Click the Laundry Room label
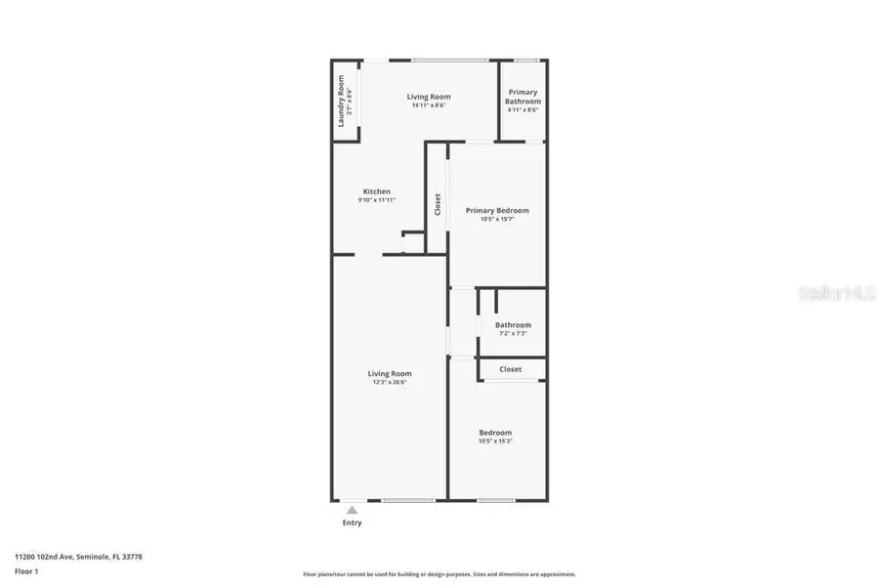[x=341, y=101]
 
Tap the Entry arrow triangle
[x=352, y=509]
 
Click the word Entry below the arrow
[x=352, y=523]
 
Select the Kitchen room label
[x=377, y=191]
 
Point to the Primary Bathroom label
[x=522, y=97]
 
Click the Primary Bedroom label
[x=497, y=210]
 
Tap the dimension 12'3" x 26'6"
[x=389, y=382]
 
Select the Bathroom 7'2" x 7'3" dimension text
[x=513, y=334]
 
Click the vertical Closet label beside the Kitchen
[x=438, y=204]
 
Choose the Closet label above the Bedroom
[x=510, y=369]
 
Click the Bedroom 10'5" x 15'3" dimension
[x=495, y=441]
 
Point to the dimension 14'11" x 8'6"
[x=428, y=105]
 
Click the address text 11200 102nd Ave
[x=78, y=556]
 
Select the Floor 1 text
[x=25, y=569]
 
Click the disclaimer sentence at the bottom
[x=439, y=574]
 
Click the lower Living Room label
[x=389, y=373]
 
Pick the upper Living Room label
[x=428, y=96]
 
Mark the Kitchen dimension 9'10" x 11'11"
[x=377, y=200]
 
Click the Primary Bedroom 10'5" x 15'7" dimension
[x=497, y=219]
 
